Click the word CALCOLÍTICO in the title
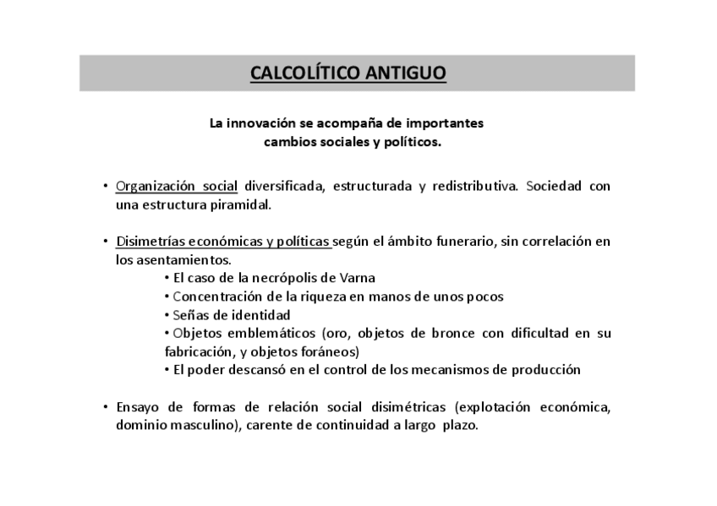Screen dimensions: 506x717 [305, 73]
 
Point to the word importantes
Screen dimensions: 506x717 [446, 123]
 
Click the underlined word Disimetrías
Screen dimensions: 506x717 [152, 242]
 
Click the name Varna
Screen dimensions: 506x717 [358, 278]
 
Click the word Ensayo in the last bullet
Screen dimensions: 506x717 [138, 407]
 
